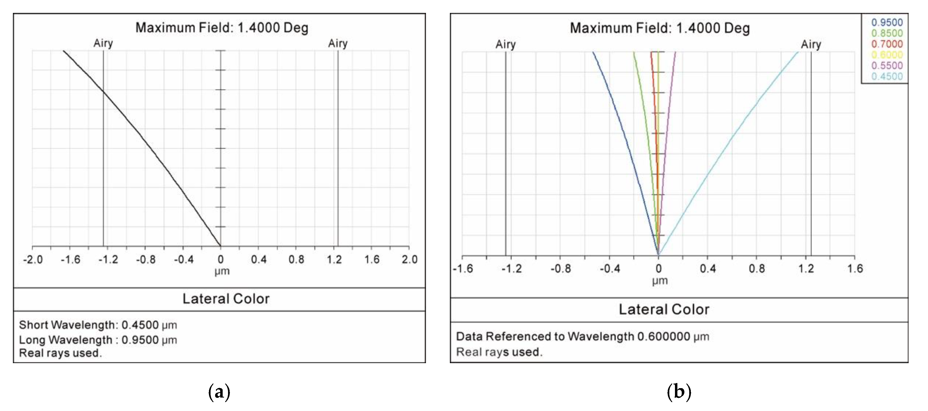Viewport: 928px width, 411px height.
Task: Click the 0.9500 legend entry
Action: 887,22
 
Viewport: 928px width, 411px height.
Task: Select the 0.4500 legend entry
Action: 887,76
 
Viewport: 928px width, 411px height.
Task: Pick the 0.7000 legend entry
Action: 887,44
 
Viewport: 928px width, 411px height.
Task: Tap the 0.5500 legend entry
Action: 887,66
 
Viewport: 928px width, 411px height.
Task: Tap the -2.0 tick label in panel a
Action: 33,259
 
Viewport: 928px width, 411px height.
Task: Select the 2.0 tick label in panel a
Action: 409,259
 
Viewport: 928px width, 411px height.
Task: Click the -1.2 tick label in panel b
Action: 511,269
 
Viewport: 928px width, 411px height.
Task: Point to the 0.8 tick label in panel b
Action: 756,269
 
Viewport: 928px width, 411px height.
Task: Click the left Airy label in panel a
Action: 103,43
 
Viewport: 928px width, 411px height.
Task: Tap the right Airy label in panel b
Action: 811,44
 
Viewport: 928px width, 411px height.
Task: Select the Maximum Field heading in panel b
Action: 660,28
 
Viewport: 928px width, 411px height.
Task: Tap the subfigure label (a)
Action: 219,392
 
